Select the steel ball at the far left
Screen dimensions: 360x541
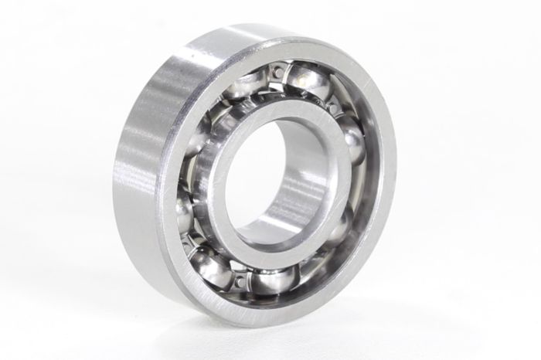[185, 209]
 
